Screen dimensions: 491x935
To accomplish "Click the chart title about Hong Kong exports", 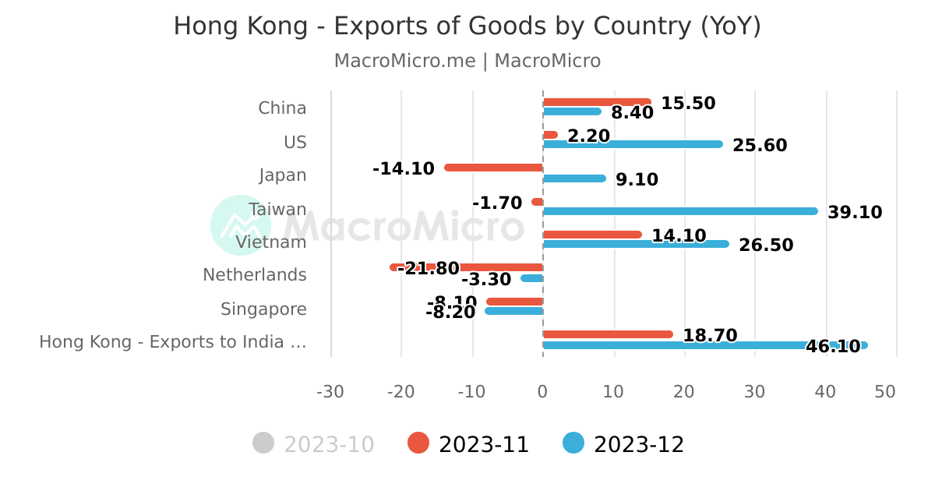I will pyautogui.click(x=467, y=26).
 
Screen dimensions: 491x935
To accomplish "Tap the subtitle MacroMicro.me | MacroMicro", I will pyautogui.click(x=467, y=61).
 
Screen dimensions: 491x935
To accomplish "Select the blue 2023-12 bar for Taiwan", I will pyautogui.click(x=679, y=211).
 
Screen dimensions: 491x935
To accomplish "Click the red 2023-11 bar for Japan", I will pyautogui.click(x=493, y=168).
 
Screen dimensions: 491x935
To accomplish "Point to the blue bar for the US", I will pyautogui.click(x=632, y=144).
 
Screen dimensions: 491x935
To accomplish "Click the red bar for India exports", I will pyautogui.click(x=607, y=334).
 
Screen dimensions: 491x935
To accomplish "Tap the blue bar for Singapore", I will pyautogui.click(x=514, y=311).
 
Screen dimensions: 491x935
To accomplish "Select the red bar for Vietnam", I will pyautogui.click(x=591, y=235).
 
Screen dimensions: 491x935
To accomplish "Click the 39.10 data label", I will pyautogui.click(x=855, y=213).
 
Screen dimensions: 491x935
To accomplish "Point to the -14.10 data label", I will pyautogui.click(x=404, y=168).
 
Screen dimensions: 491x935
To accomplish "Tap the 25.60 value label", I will pyautogui.click(x=760, y=146).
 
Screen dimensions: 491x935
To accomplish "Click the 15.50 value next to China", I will pyautogui.click(x=688, y=104).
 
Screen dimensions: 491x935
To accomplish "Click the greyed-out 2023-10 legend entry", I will pyautogui.click(x=314, y=444).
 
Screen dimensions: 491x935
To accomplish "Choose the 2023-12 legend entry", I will pyautogui.click(x=623, y=444).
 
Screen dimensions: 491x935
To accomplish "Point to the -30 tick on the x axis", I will pyautogui.click(x=330, y=391).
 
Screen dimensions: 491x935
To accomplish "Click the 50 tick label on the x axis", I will pyautogui.click(x=885, y=391).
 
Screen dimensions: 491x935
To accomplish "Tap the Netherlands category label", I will pyautogui.click(x=255, y=275).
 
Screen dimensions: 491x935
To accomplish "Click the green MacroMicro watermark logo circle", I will pyautogui.click(x=240, y=225).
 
